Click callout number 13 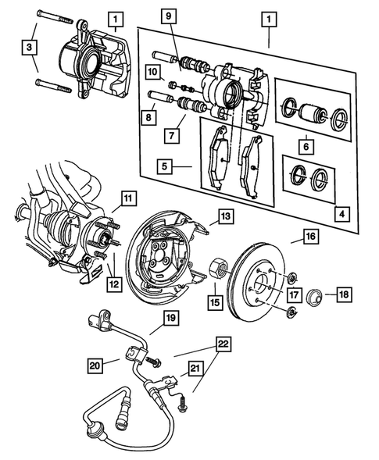tap(223, 216)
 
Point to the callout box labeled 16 tap(309, 235)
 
